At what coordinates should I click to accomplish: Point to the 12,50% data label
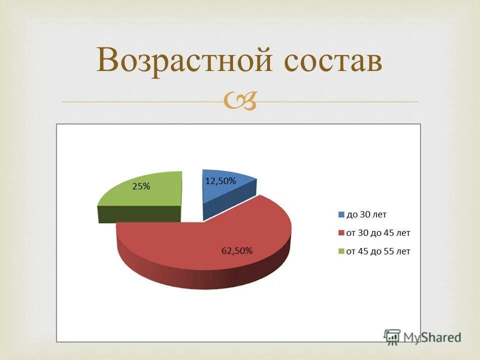coord(220,181)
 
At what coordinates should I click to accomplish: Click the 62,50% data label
coord(237,250)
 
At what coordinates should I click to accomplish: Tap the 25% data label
coord(141,186)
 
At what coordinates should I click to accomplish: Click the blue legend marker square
coord(341,215)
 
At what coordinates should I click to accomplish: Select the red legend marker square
coord(341,233)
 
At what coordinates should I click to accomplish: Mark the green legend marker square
coord(341,251)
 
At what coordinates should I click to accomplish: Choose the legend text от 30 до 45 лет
coord(378,233)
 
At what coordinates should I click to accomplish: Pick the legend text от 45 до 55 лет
coord(378,251)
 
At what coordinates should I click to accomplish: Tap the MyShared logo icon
coord(392,336)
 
